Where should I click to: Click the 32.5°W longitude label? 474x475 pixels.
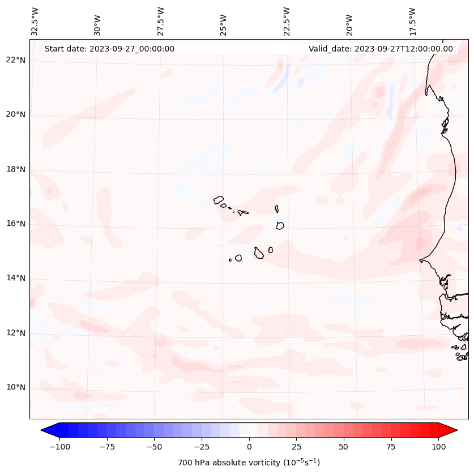tap(35, 21)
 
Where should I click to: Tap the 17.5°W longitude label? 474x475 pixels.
tap(412, 21)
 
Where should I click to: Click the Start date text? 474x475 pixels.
tap(109, 49)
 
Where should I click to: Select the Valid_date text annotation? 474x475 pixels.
tap(381, 49)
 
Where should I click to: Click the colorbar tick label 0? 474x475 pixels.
tap(249, 447)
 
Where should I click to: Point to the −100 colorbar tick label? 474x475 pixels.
tap(59, 447)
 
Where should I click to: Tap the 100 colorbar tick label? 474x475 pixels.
tap(438, 447)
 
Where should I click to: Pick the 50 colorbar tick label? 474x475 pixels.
tap(344, 447)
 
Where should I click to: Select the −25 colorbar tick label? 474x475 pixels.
tap(202, 447)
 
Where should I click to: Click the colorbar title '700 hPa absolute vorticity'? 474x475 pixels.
tap(249, 463)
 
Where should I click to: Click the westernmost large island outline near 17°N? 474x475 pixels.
tap(219, 200)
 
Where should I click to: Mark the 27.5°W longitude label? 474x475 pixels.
tap(161, 21)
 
